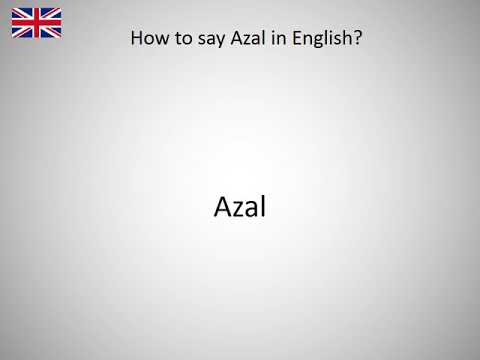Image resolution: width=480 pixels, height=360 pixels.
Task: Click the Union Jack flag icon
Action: coord(36,22)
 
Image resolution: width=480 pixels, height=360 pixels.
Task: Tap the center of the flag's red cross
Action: coord(36,22)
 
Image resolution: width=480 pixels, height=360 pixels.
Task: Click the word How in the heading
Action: coord(148,41)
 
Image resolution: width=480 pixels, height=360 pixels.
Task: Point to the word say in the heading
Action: coord(202,42)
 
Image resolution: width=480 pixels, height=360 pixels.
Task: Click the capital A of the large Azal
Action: coord(223,207)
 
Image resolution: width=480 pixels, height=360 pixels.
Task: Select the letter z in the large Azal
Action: coord(240,209)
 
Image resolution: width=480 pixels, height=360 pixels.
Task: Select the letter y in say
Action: coord(211,43)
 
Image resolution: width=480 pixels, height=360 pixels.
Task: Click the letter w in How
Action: coord(158,42)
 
